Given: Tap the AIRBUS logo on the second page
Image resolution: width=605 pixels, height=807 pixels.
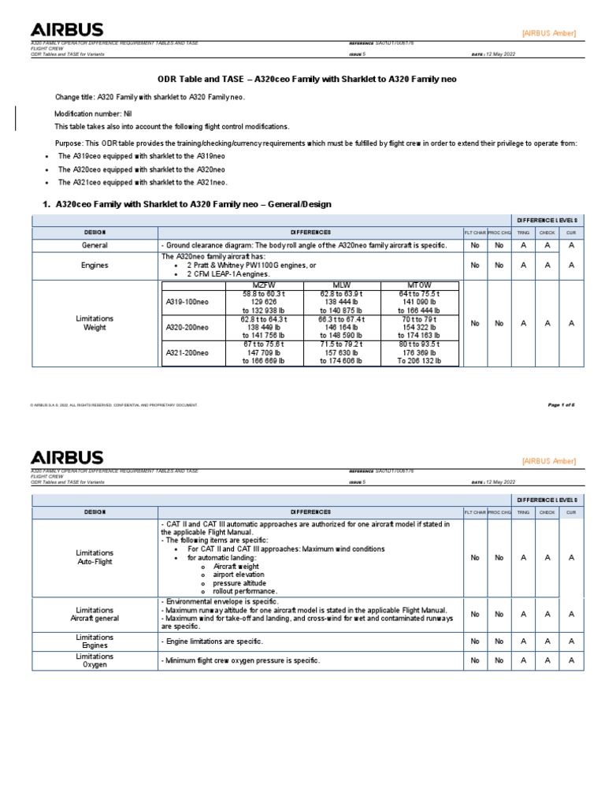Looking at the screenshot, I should point(66,457).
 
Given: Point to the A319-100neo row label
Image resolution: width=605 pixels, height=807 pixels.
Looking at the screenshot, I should point(187,302).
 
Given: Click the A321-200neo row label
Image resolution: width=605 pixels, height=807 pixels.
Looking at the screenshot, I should point(187,354).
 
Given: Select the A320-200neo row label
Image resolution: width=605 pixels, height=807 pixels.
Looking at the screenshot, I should point(187,327).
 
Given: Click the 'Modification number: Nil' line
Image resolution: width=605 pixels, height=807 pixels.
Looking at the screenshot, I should point(92,114).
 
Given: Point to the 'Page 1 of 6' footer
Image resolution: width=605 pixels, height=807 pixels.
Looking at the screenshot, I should point(561,404).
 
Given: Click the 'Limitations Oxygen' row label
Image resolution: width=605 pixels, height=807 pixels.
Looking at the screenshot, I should point(95,660).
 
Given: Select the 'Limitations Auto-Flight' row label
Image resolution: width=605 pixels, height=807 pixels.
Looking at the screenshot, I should point(95,557).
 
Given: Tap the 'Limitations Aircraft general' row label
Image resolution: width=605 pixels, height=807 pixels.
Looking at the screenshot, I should point(95,614).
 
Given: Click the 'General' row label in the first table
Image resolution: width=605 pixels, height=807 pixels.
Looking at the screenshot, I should point(95,245).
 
